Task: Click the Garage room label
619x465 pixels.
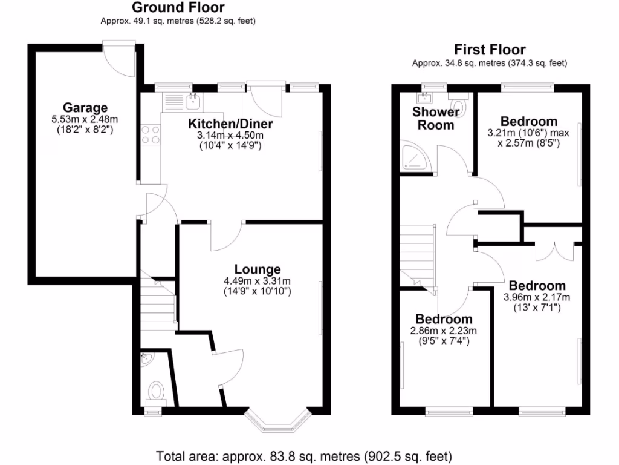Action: pyautogui.click(x=85, y=108)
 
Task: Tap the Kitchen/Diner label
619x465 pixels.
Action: pyautogui.click(x=231, y=124)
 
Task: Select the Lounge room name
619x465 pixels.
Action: pyautogui.click(x=258, y=269)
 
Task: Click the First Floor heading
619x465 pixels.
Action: pyautogui.click(x=490, y=50)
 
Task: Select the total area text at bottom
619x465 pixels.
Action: pyautogui.click(x=304, y=455)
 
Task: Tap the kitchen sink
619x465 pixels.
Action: pyautogui.click(x=193, y=101)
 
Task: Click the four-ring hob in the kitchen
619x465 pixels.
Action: pyautogui.click(x=151, y=134)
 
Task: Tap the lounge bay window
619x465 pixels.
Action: pyautogui.click(x=282, y=423)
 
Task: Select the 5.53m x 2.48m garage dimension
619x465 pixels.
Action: pyautogui.click(x=85, y=120)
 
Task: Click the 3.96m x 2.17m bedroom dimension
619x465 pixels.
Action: pyautogui.click(x=537, y=297)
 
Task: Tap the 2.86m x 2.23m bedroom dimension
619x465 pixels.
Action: pyautogui.click(x=443, y=331)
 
